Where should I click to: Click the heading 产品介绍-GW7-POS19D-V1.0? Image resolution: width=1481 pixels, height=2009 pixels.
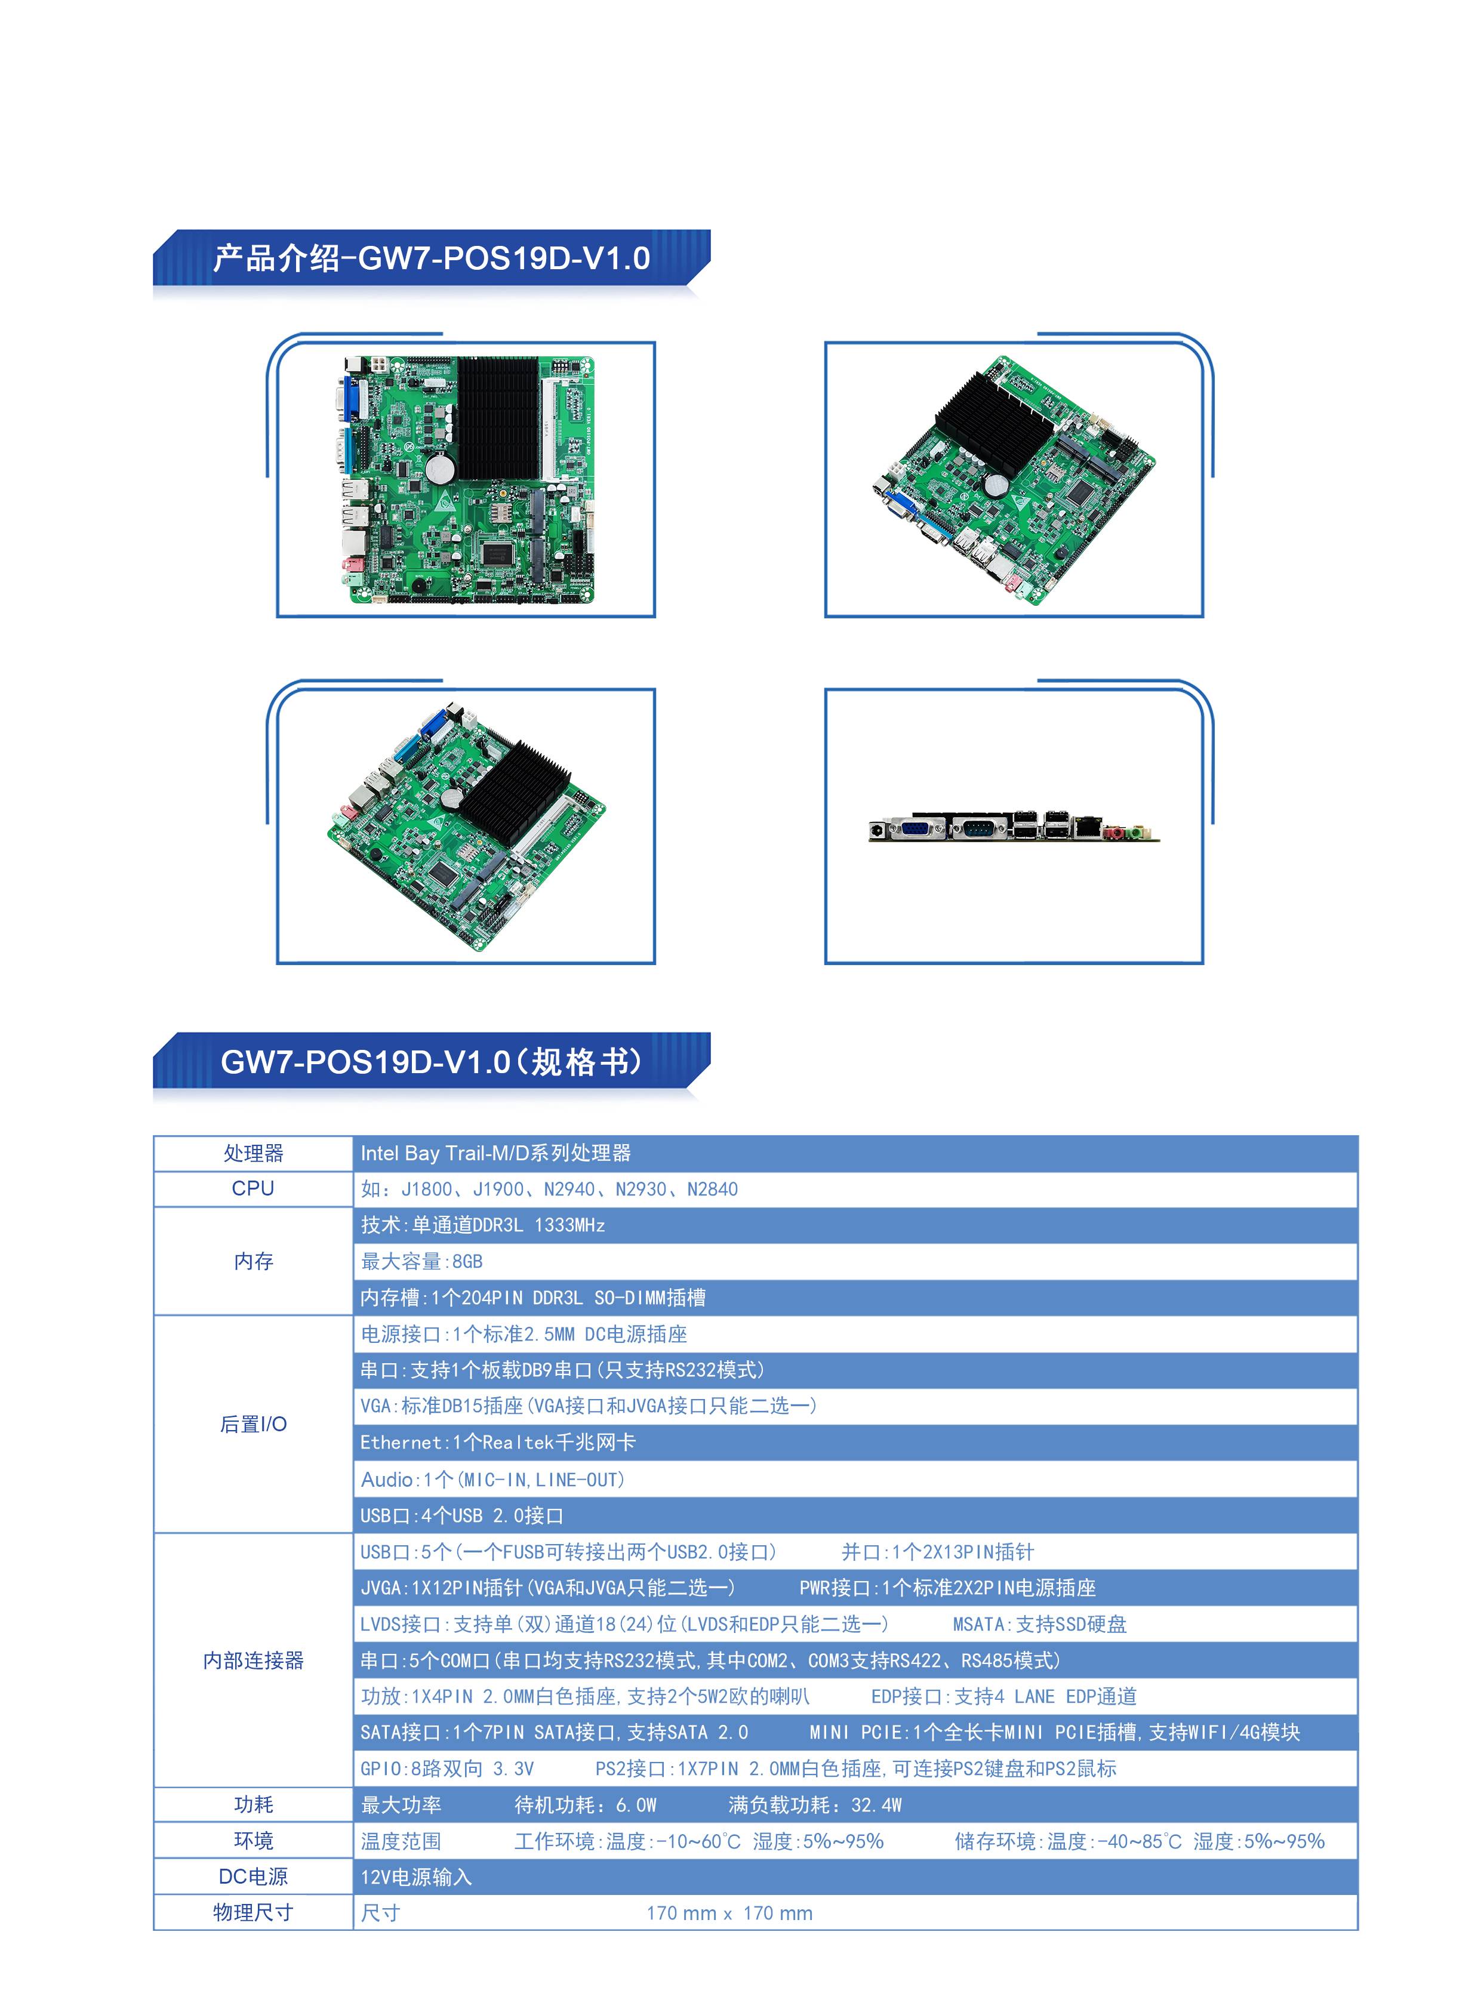(431, 258)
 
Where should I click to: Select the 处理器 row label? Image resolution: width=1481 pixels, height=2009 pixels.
(253, 1153)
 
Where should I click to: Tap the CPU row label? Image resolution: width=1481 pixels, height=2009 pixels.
(253, 1189)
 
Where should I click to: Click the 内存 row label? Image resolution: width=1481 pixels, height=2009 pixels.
(253, 1261)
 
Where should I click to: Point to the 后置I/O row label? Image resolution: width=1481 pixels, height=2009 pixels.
(253, 1423)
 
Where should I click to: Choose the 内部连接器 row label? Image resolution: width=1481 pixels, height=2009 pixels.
(253, 1660)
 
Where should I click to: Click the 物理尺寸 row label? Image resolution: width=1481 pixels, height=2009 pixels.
(253, 1912)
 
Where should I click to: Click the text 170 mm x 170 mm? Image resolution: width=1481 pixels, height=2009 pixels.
(729, 1913)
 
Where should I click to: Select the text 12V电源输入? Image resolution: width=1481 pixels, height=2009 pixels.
(416, 1876)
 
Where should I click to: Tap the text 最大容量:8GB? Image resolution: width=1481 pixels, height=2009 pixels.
(421, 1261)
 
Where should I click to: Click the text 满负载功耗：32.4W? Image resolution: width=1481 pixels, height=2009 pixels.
(814, 1805)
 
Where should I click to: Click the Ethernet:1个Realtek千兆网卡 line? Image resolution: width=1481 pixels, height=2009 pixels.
(498, 1443)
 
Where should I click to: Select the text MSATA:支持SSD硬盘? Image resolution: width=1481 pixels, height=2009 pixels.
(1039, 1623)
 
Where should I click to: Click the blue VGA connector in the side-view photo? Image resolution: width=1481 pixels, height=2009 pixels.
(915, 828)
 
